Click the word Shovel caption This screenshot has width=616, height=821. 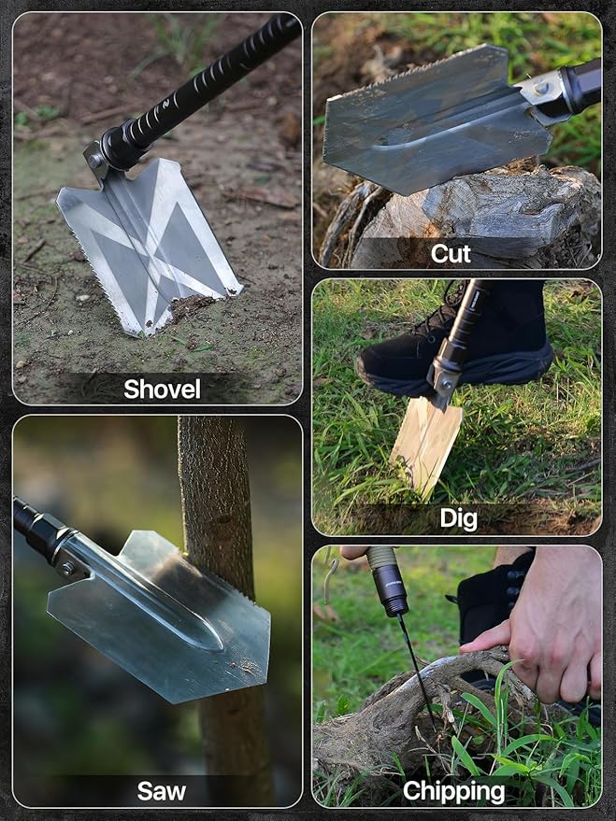coord(162,389)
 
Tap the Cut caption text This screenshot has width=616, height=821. coord(451,253)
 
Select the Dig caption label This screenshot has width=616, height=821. coord(458,518)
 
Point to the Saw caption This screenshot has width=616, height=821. coord(161,791)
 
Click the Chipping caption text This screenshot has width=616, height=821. coord(453,792)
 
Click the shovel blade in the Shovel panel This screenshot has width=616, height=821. coord(150,243)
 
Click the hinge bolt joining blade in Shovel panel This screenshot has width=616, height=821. coord(97,161)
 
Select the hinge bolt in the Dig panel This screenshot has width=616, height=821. coord(445,382)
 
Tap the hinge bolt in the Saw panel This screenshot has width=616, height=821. coord(68,568)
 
